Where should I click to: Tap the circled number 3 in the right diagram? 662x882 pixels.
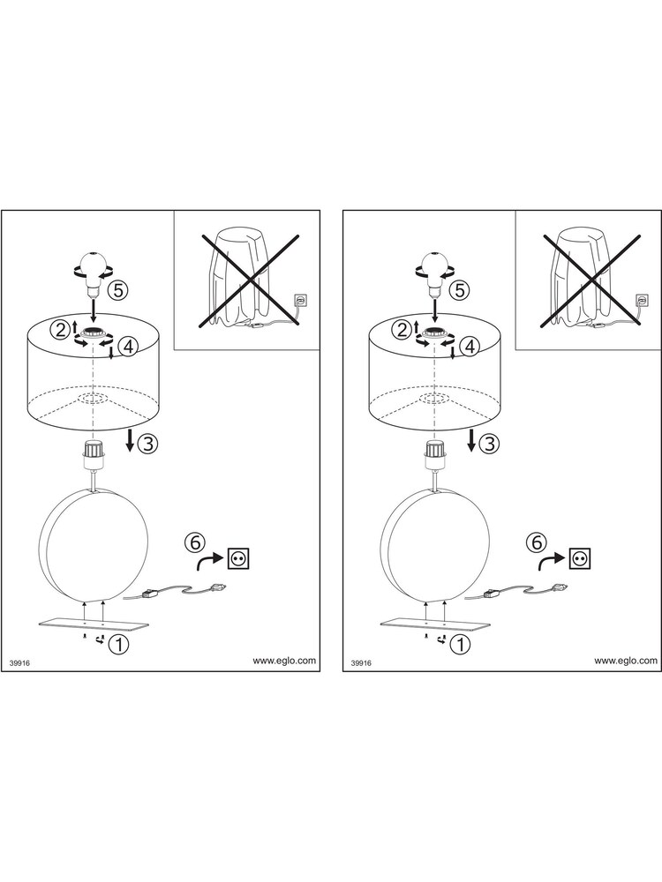[489, 444]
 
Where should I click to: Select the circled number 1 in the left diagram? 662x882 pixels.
[119, 644]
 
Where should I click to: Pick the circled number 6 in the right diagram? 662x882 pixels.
[537, 542]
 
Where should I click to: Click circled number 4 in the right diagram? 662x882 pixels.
[470, 347]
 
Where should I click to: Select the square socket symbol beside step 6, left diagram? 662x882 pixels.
[238, 558]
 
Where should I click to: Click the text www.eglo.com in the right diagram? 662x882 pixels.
[626, 661]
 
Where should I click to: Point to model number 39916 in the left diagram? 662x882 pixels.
[19, 663]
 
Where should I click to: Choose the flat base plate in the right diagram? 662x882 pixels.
[435, 624]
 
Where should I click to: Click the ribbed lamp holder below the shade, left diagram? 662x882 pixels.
[91, 455]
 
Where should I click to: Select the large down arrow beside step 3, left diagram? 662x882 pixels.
[130, 440]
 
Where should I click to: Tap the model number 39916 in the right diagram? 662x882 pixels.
[361, 663]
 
